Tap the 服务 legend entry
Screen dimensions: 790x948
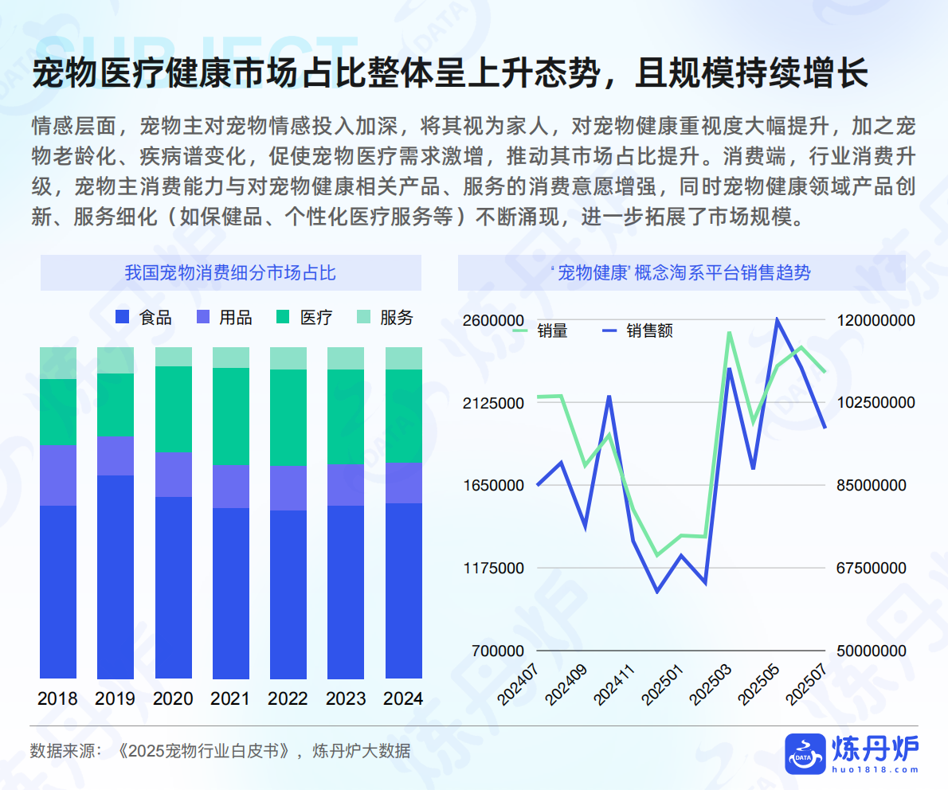click(386, 318)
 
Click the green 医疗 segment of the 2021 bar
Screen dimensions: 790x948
click(230, 416)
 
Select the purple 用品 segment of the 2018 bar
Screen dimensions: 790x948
click(58, 475)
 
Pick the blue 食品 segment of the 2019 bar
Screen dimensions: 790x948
click(116, 577)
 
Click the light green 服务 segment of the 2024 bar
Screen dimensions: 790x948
click(403, 358)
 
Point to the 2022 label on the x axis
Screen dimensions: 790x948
click(288, 699)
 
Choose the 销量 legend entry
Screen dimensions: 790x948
click(541, 330)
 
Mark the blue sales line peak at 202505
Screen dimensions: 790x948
click(777, 320)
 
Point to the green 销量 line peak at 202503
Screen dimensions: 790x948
click(729, 333)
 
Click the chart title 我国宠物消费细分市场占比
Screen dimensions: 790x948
click(230, 273)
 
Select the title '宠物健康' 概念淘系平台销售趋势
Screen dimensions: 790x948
click(681, 273)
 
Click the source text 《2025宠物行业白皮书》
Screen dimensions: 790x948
click(202, 751)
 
